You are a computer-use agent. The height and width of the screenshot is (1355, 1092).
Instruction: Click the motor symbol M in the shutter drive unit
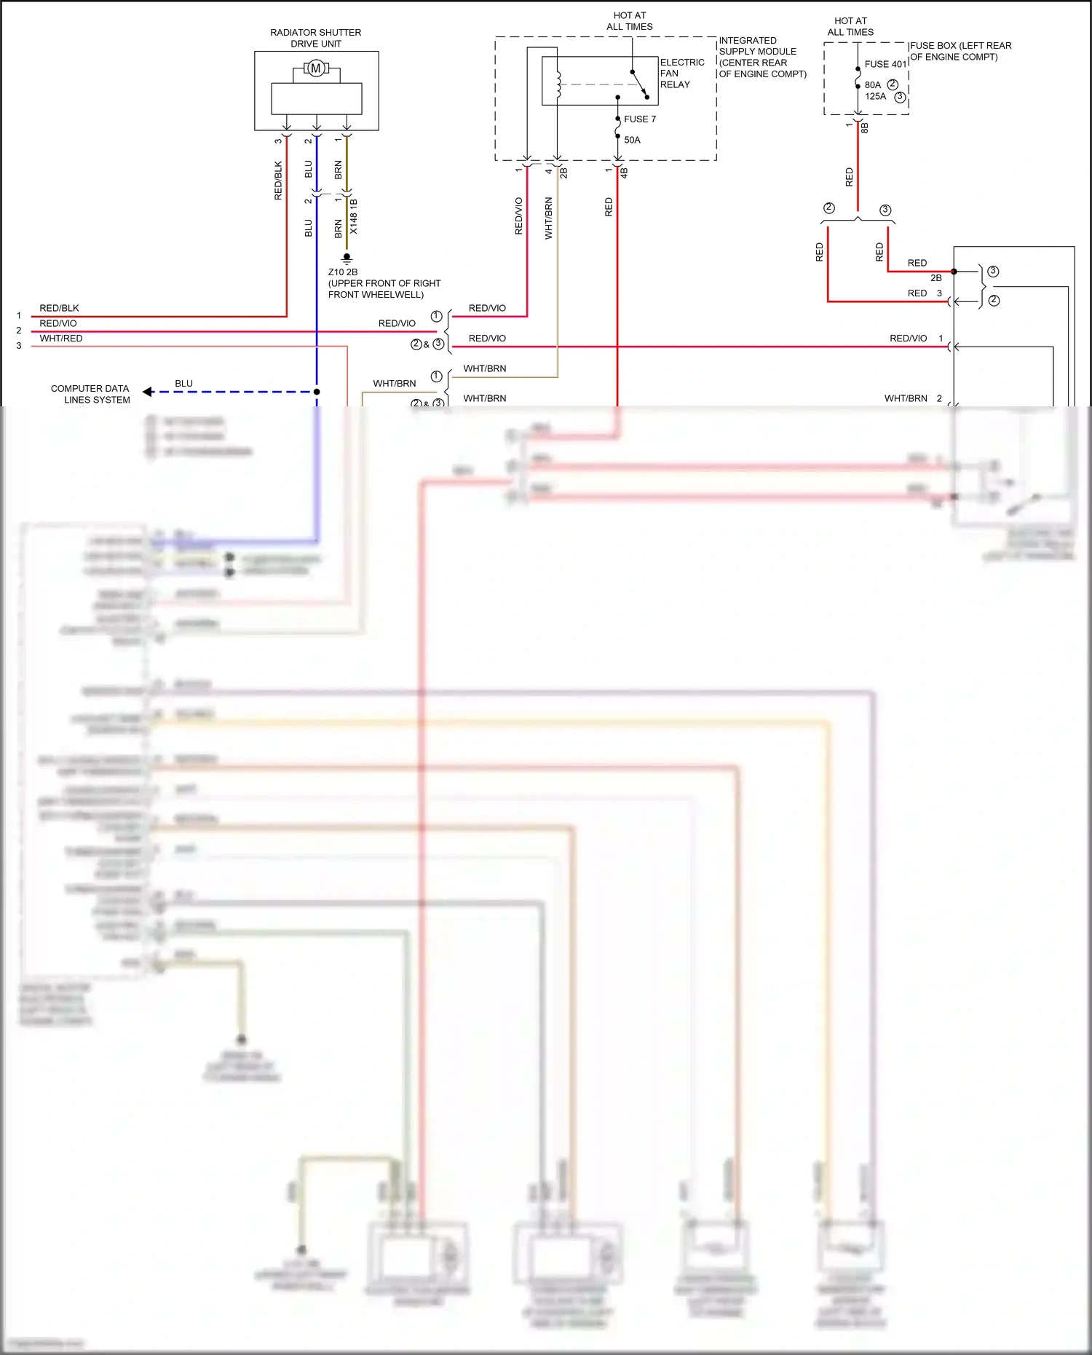[x=316, y=68]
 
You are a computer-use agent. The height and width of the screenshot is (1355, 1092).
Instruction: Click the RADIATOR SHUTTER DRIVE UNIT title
[x=316, y=38]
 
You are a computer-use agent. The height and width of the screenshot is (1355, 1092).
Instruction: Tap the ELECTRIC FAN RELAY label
[x=681, y=74]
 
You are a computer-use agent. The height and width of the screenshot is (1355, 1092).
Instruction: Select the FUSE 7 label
[x=640, y=119]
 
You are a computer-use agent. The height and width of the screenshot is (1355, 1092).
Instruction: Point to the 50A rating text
[x=632, y=140]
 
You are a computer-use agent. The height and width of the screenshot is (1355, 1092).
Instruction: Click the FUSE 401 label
[x=885, y=64]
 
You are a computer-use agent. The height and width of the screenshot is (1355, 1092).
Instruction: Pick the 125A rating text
[x=875, y=97]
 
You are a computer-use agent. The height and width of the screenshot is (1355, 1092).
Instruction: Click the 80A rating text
[x=872, y=85]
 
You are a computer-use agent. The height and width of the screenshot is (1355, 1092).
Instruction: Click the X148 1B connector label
[x=354, y=216]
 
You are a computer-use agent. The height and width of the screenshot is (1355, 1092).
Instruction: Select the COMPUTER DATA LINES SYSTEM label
[x=90, y=394]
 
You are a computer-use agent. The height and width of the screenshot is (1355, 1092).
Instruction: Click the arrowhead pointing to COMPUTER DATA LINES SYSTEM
[x=147, y=392]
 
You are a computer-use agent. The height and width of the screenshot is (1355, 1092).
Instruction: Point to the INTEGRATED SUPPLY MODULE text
[x=761, y=57]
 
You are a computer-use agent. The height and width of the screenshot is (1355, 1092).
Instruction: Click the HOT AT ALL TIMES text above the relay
[x=630, y=21]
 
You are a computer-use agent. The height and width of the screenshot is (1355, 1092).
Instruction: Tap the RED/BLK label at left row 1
[x=59, y=308]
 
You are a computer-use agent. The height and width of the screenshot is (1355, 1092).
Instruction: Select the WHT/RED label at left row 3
[x=61, y=339]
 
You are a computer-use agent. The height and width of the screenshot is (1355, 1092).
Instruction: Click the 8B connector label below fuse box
[x=865, y=128]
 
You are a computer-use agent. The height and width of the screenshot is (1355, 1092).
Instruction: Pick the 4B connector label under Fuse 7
[x=625, y=173]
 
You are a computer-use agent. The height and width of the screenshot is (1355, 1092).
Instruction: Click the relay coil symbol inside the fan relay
[x=558, y=84]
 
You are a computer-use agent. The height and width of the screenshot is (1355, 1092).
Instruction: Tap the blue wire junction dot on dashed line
[x=317, y=392]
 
